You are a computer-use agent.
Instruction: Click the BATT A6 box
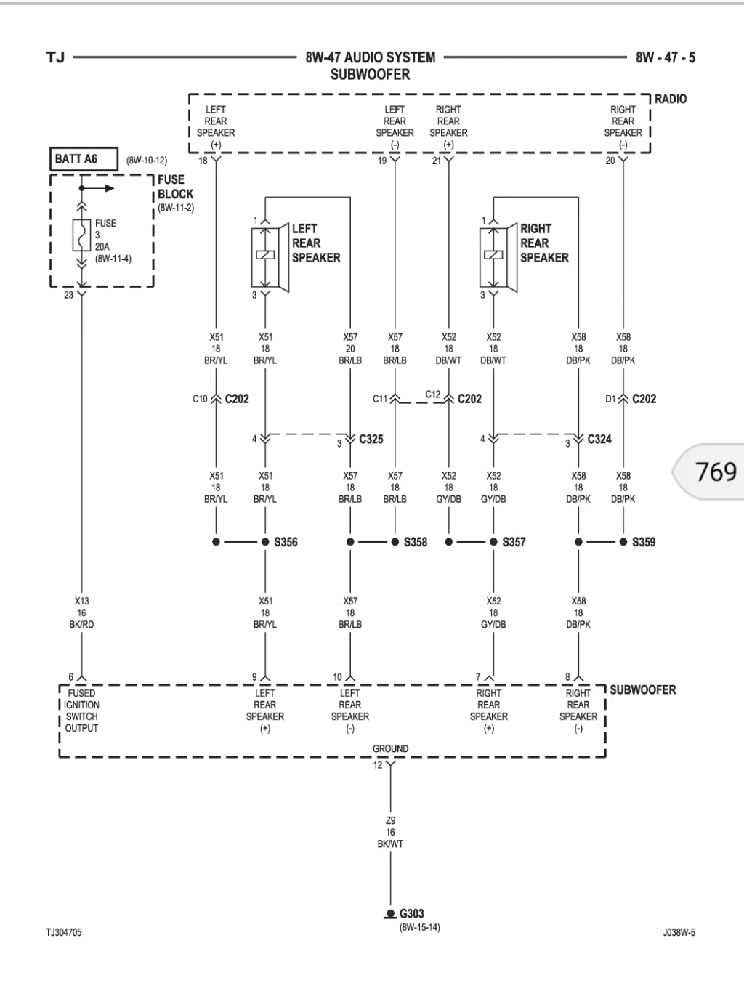(x=84, y=159)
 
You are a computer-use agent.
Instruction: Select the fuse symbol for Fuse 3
(x=81, y=235)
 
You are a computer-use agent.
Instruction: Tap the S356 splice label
(x=286, y=542)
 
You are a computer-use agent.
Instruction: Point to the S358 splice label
(x=416, y=542)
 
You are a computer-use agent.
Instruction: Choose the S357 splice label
(x=514, y=542)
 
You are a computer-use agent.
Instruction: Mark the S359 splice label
(x=644, y=542)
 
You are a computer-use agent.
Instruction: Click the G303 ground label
(x=411, y=913)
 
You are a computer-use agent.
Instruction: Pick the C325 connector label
(x=371, y=439)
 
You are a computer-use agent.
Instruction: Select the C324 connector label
(x=599, y=439)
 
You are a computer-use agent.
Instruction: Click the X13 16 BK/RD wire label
(x=81, y=612)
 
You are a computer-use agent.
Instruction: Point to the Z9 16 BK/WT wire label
(x=390, y=832)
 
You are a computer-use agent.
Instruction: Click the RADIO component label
(x=671, y=99)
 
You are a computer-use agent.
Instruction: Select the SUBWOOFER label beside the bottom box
(x=643, y=689)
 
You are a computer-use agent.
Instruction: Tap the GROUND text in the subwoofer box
(x=390, y=748)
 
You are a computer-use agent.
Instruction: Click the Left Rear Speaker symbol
(x=270, y=257)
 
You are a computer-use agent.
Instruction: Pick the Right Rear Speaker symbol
(x=498, y=257)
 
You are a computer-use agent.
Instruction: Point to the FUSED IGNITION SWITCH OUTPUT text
(x=81, y=711)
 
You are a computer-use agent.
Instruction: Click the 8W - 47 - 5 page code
(x=666, y=57)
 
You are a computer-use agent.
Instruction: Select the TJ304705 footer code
(x=63, y=932)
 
